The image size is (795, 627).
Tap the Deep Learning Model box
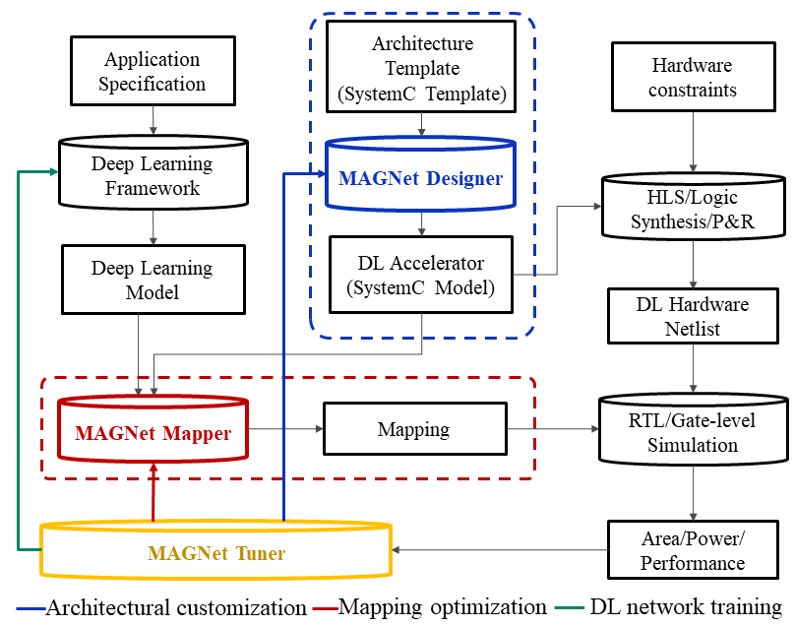[x=153, y=281]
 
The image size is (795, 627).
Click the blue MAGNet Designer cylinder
[x=422, y=178]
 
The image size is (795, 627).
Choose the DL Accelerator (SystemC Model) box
[x=422, y=276]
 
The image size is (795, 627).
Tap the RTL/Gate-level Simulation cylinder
[x=694, y=433]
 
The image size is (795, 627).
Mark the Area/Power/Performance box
[x=692, y=550]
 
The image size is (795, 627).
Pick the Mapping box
[x=414, y=430]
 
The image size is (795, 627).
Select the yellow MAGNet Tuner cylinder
[x=216, y=552]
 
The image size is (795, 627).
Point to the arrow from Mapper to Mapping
[x=286, y=430]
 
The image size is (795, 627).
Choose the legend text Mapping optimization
[x=442, y=607]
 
